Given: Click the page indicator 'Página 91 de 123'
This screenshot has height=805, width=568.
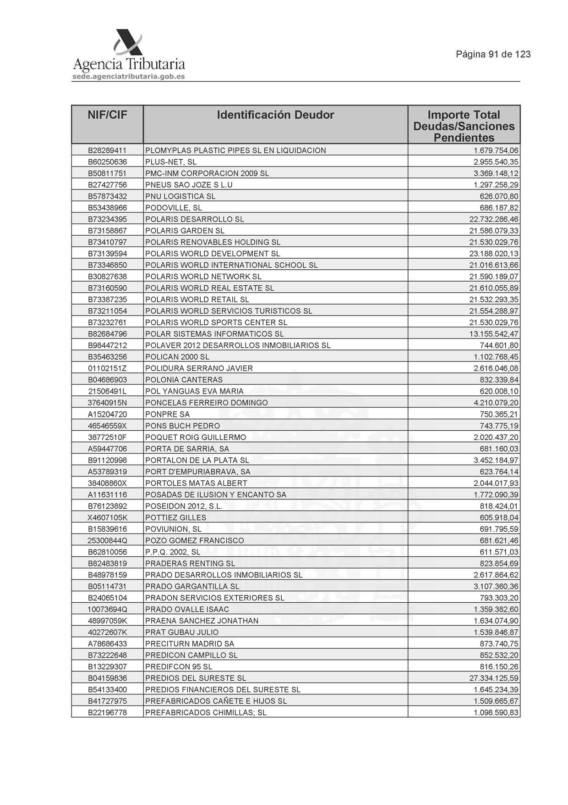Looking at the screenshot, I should pyautogui.click(x=493, y=54).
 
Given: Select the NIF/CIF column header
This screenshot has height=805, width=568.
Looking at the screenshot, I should pyautogui.click(x=107, y=115).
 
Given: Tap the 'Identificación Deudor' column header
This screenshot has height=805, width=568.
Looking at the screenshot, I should pyautogui.click(x=275, y=115).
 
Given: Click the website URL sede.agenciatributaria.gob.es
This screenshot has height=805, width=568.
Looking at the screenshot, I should pyautogui.click(x=129, y=77).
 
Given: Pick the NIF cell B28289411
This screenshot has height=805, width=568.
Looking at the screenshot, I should pyautogui.click(x=107, y=150).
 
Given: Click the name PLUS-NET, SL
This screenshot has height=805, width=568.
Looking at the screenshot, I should pyautogui.click(x=171, y=162).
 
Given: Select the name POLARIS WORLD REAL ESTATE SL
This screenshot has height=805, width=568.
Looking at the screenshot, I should pyautogui.click(x=209, y=288).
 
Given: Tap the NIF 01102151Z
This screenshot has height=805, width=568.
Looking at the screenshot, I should pyautogui.click(x=107, y=368).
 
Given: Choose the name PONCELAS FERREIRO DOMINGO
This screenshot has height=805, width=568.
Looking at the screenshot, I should pyautogui.click(x=207, y=403).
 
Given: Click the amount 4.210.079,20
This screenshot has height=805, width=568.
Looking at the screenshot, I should pyautogui.click(x=496, y=403).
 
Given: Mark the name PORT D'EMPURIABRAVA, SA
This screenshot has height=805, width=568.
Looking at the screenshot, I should pyautogui.click(x=198, y=472).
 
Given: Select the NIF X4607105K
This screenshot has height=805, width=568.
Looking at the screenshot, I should pyautogui.click(x=107, y=517).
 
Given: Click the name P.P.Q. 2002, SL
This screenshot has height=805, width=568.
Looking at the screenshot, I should pyautogui.click(x=173, y=552).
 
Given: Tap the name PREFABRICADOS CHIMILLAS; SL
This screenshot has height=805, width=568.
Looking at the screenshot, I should pyautogui.click(x=206, y=712).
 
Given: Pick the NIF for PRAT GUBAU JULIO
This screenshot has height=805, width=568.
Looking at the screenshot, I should pyautogui.click(x=107, y=632).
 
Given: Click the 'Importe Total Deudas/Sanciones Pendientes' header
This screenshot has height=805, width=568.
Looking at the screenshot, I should pyautogui.click(x=464, y=126).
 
